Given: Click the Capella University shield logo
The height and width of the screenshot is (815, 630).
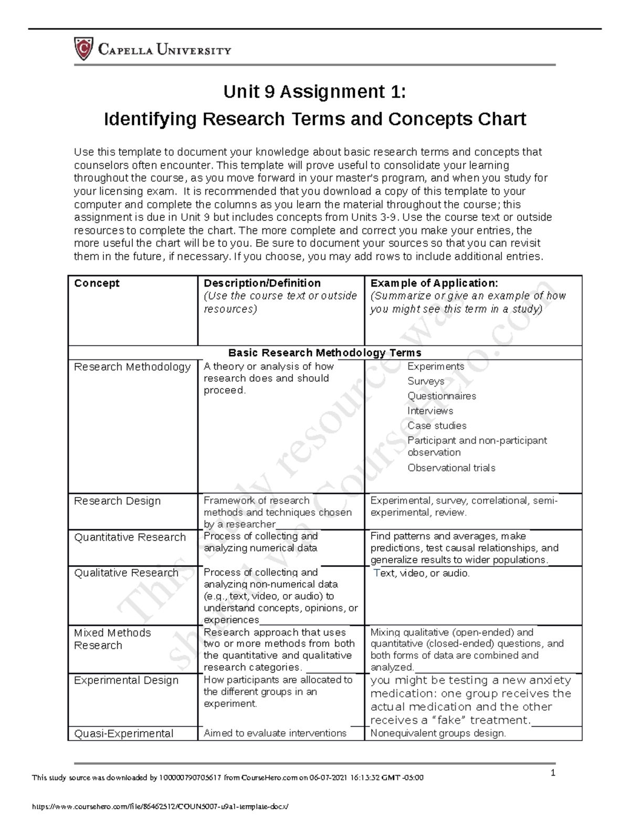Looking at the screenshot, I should (x=83, y=49).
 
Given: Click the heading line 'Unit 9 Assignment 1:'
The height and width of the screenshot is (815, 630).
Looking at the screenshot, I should (x=314, y=92).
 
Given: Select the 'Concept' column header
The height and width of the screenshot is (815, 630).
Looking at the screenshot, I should (x=97, y=283).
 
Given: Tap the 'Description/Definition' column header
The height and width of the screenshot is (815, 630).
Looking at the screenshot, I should (x=262, y=283).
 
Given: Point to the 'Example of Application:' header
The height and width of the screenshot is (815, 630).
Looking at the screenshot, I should (x=434, y=283).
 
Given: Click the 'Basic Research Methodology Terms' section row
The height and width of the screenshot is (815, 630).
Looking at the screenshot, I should (x=324, y=353).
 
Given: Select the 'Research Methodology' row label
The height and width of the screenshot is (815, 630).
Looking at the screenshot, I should (x=132, y=367).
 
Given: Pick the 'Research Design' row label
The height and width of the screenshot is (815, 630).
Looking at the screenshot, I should (x=117, y=501).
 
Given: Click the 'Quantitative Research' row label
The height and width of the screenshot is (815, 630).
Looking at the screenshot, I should (x=130, y=537).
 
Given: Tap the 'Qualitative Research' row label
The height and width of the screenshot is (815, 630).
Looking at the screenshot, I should (x=126, y=573).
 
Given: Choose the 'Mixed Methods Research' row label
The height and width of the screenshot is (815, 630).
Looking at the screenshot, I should (x=112, y=639).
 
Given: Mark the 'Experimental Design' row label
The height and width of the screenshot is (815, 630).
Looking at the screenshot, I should (x=126, y=681).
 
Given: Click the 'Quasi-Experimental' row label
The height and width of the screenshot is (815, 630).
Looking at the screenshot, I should (x=123, y=734).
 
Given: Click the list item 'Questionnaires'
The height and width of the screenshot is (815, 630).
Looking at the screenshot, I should (x=442, y=396).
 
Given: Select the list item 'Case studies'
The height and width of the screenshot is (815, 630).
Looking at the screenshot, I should (x=437, y=426).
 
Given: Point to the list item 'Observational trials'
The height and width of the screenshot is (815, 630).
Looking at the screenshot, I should (x=451, y=468).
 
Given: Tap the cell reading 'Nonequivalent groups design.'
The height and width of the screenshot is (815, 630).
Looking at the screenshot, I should (x=438, y=734).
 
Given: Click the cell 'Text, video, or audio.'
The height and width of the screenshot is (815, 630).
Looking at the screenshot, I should (x=421, y=573).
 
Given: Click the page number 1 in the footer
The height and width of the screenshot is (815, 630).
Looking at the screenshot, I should (x=553, y=772).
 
